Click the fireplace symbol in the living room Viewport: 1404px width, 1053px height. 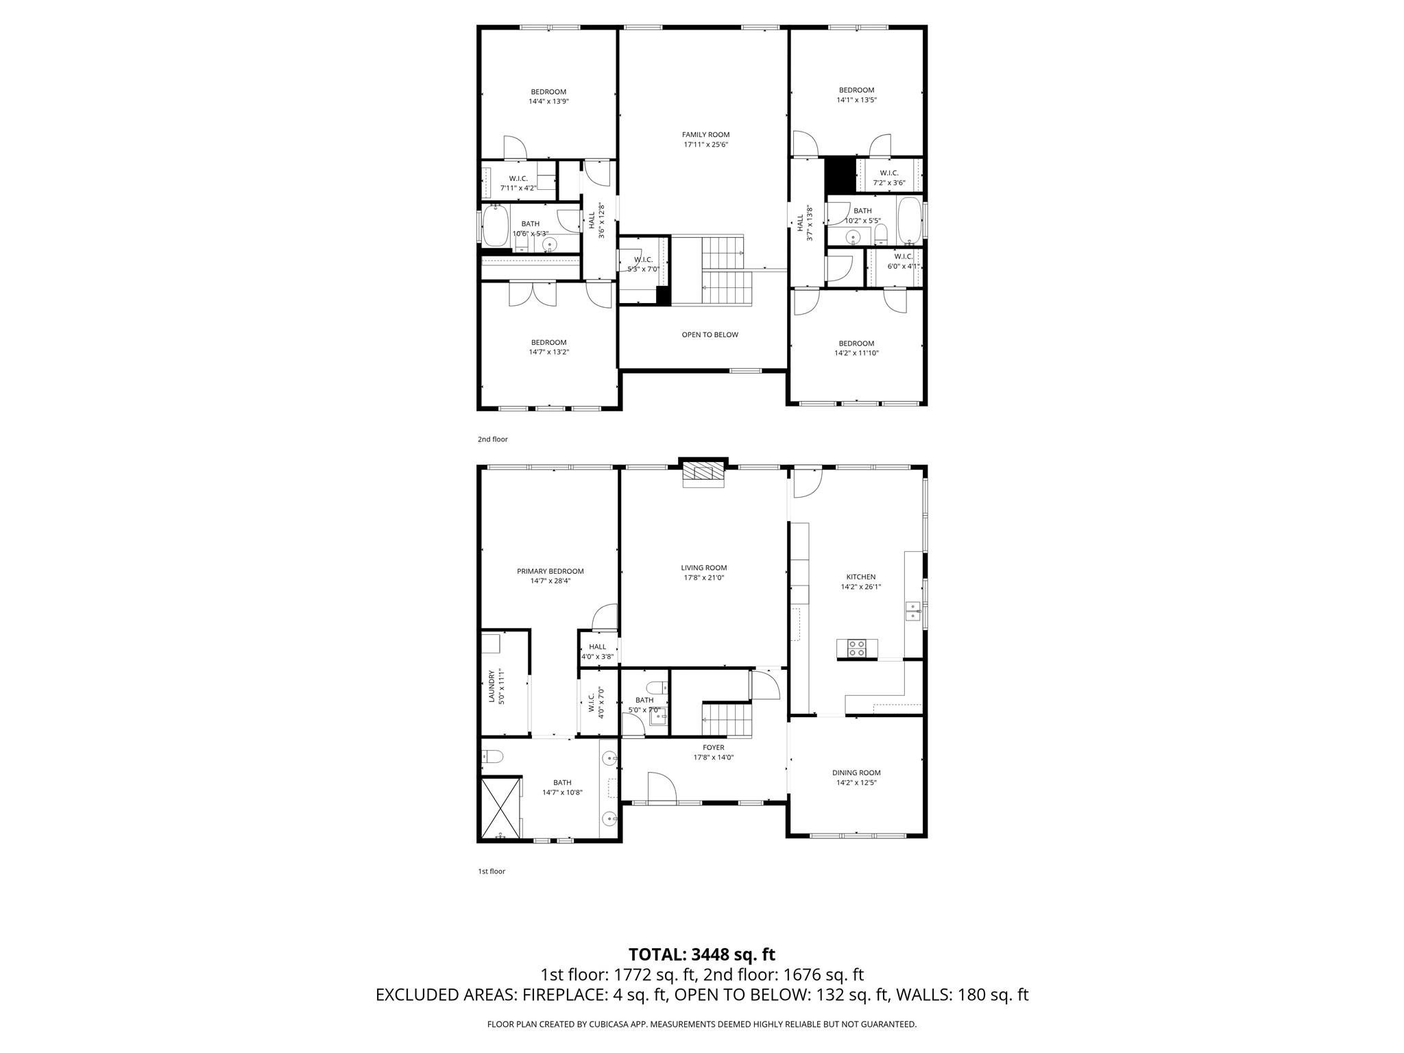[x=703, y=474]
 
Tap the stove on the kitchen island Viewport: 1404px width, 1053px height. [x=857, y=648]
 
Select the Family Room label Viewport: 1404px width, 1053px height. [x=705, y=134]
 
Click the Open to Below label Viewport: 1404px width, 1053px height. [x=710, y=335]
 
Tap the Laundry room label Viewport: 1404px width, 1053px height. [x=491, y=686]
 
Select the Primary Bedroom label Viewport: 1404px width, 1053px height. [x=550, y=571]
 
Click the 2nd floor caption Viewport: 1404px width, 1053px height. [x=493, y=439]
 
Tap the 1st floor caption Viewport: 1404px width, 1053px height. [x=492, y=871]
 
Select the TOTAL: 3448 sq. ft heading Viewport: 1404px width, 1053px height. [x=702, y=954]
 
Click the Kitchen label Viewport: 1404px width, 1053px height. [x=861, y=577]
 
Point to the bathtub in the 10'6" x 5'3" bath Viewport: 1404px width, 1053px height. [x=496, y=225]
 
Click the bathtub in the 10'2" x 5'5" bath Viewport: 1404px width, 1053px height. [x=910, y=221]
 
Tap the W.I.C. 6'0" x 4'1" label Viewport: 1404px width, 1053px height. [x=904, y=261]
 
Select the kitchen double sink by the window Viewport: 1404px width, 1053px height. [x=912, y=611]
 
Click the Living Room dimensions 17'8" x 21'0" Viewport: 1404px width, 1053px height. [x=704, y=577]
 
